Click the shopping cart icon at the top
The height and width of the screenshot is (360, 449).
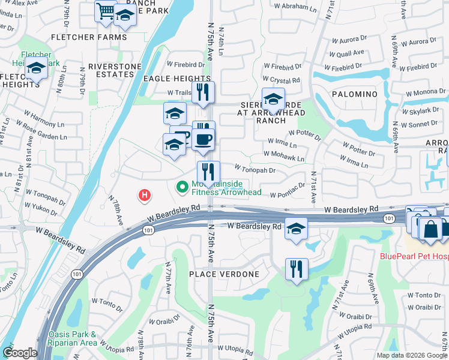pyautogui.click(x=106, y=11)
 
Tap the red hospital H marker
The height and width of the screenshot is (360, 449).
pyautogui.click(x=144, y=195)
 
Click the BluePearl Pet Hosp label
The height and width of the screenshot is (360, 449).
pyautogui.click(x=414, y=256)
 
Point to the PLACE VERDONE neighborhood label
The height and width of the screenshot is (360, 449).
pyautogui.click(x=224, y=274)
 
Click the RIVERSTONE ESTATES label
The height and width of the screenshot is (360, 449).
pyautogui.click(x=110, y=70)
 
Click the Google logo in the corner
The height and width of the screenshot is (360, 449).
pyautogui.click(x=20, y=353)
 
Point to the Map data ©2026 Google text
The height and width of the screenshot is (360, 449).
pyautogui.click(x=412, y=355)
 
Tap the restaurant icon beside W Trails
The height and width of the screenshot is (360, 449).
pyautogui.click(x=203, y=92)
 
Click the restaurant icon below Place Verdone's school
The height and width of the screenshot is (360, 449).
pyautogui.click(x=297, y=269)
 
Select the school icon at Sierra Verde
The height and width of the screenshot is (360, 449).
pyautogui.click(x=273, y=99)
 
